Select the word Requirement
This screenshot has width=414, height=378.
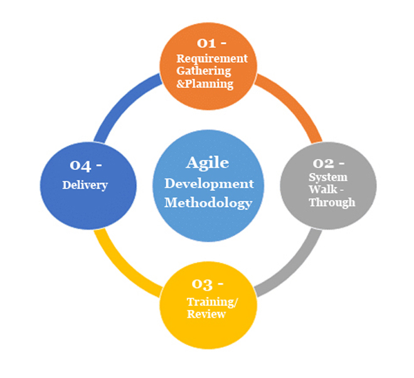pos(212,58)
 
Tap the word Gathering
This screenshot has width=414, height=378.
pos(204,70)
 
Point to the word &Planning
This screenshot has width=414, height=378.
pos(204,83)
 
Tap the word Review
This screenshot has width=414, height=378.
pos(206,314)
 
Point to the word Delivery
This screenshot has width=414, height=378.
pos(85,185)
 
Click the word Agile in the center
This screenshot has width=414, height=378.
pos(208,163)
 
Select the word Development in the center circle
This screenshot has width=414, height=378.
pos(210,184)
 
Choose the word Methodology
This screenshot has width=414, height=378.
pos(208,203)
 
